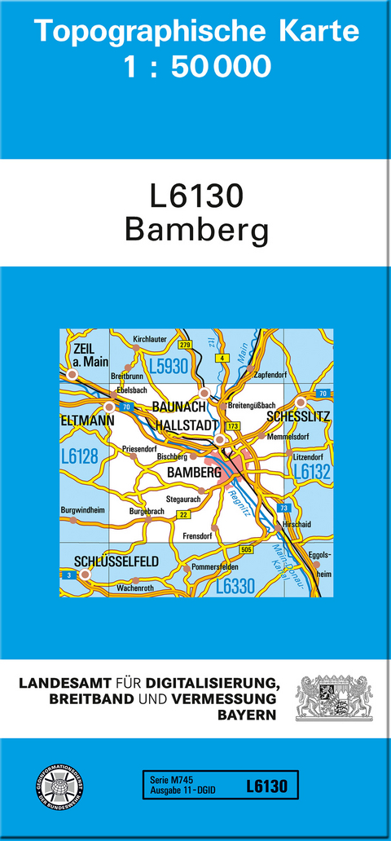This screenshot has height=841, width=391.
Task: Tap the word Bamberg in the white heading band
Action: tap(196, 231)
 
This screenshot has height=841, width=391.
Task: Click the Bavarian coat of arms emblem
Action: tap(334, 697)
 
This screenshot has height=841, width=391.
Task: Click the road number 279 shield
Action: tap(185, 346)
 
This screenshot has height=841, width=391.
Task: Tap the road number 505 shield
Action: tap(247, 552)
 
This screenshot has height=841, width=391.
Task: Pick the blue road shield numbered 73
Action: tap(283, 508)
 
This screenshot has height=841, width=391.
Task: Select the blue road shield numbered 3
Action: tap(65, 575)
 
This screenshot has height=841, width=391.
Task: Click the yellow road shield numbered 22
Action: tap(183, 514)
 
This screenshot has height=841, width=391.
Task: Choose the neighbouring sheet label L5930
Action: tap(168, 367)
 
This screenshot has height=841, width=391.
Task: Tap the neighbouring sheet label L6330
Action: tap(236, 586)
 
